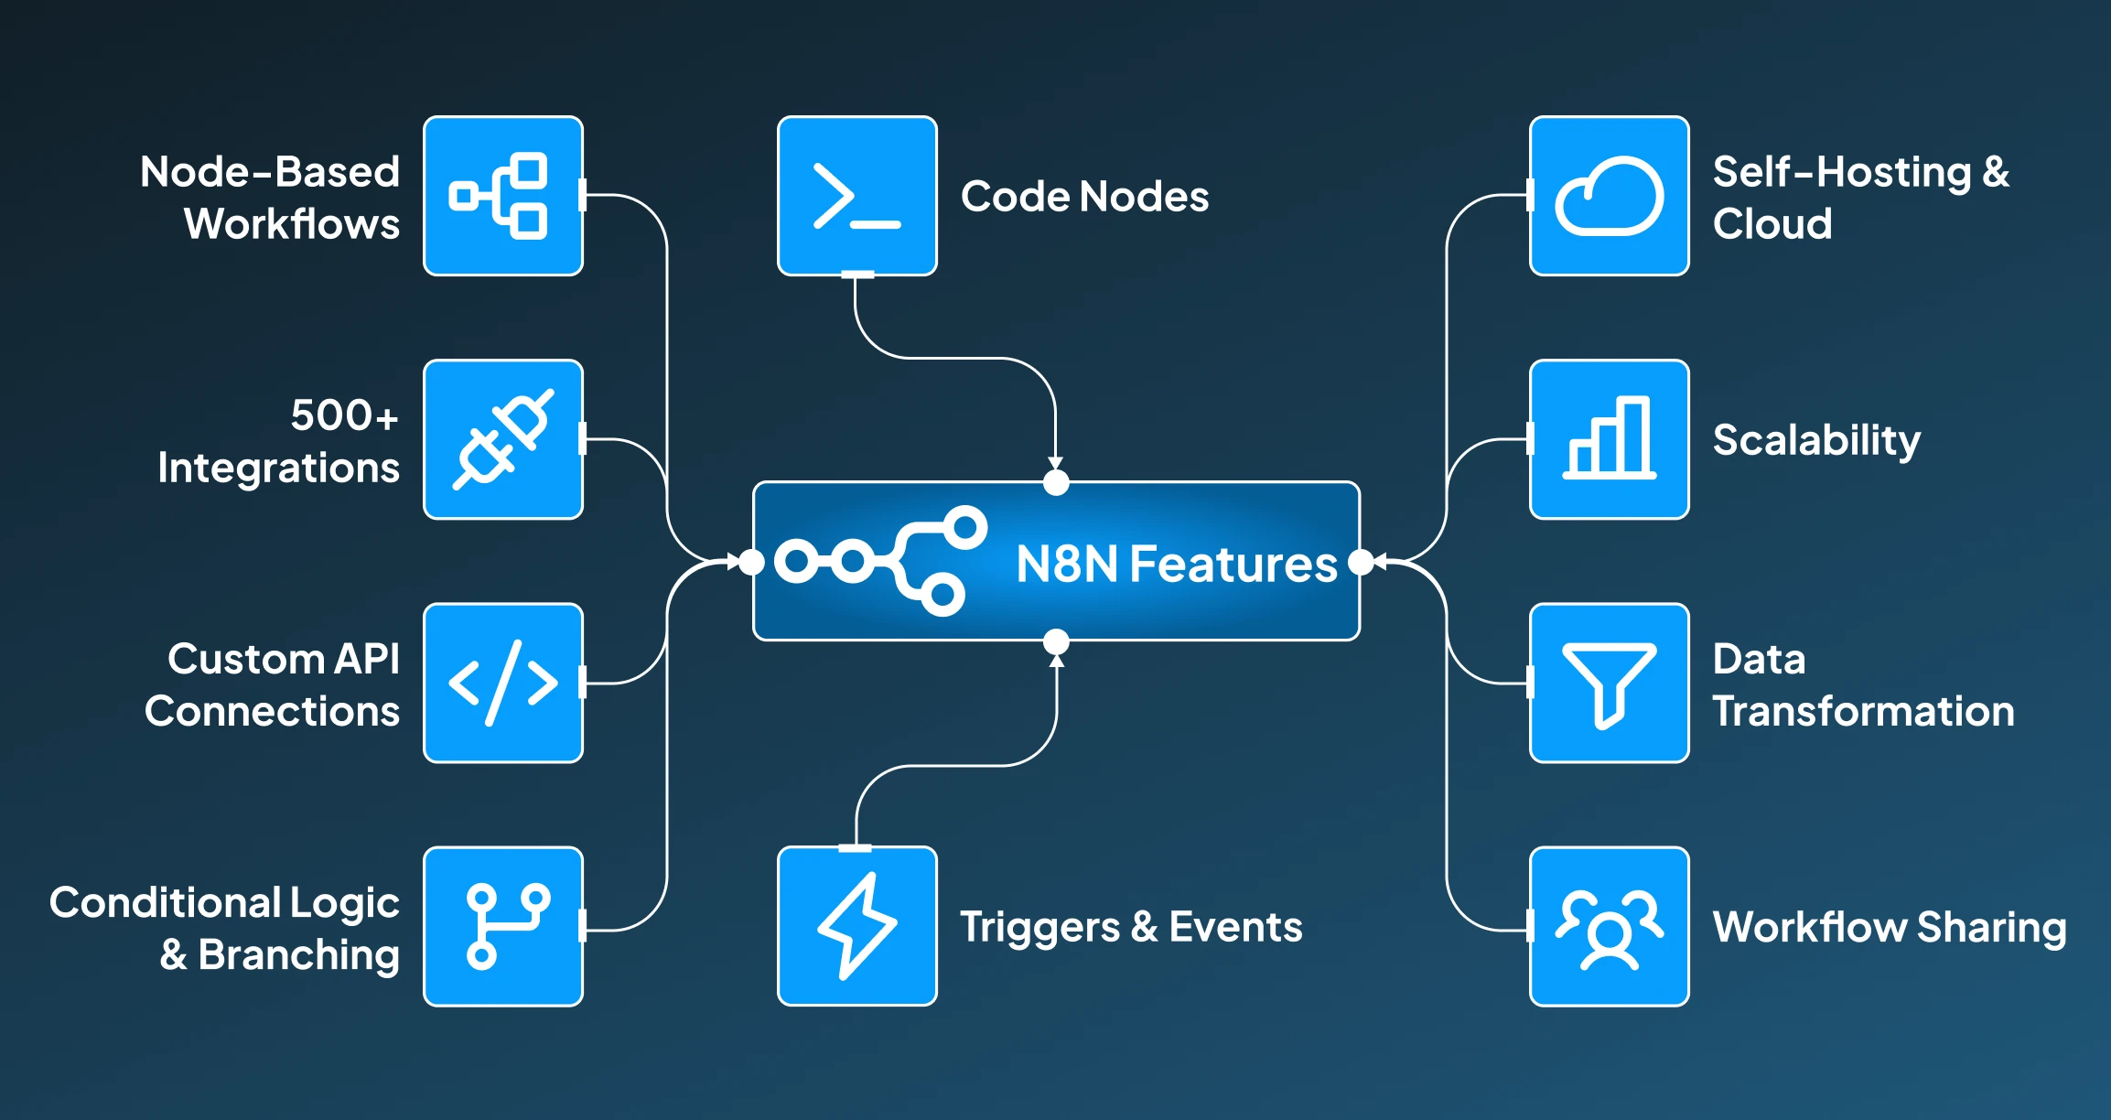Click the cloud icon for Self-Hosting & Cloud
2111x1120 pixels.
pos(1609,196)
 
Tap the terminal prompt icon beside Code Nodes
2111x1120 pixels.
pos(856,196)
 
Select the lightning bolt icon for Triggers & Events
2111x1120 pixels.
pos(856,926)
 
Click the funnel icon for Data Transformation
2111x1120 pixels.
pos(1609,683)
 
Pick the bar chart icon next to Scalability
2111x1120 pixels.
pos(1609,439)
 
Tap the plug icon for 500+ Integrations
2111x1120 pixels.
pos(503,439)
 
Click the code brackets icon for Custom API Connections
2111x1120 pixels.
pos(503,683)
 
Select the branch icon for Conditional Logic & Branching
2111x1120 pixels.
pos(503,926)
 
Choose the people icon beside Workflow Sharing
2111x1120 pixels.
pos(1609,926)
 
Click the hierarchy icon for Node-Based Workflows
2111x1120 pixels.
pos(503,196)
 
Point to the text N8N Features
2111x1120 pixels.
pos(1176,564)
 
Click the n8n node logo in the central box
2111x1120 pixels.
pos(880,561)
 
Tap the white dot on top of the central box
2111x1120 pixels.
pos(1056,482)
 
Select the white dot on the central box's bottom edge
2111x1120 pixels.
pos(1056,641)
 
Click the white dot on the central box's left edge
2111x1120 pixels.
pos(751,562)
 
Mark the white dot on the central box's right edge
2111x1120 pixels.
pos(1361,562)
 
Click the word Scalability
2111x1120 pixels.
pos(1816,440)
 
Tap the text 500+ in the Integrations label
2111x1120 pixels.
pos(344,415)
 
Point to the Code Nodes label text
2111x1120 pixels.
pos(1084,196)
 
